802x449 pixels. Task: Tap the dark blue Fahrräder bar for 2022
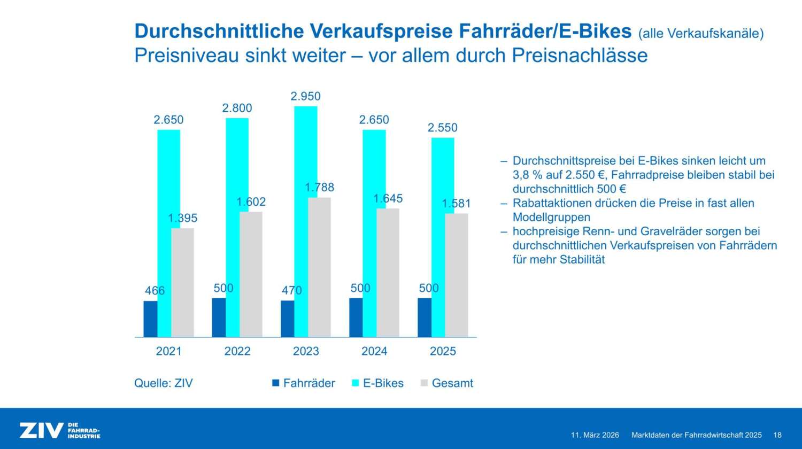click(x=219, y=318)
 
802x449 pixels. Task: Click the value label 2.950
click(x=306, y=96)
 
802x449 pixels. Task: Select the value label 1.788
click(x=319, y=187)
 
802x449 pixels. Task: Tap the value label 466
click(x=155, y=291)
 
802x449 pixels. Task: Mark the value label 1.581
click(x=456, y=204)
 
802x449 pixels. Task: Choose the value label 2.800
click(x=237, y=108)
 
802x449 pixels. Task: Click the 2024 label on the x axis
click(x=374, y=351)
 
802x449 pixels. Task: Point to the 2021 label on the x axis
click(x=168, y=351)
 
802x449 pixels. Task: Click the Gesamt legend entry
click(x=452, y=383)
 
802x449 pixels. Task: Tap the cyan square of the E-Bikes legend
click(x=355, y=383)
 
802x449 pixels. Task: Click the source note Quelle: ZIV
click(x=163, y=383)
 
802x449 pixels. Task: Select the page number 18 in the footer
click(x=777, y=435)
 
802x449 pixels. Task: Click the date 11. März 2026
click(x=595, y=435)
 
